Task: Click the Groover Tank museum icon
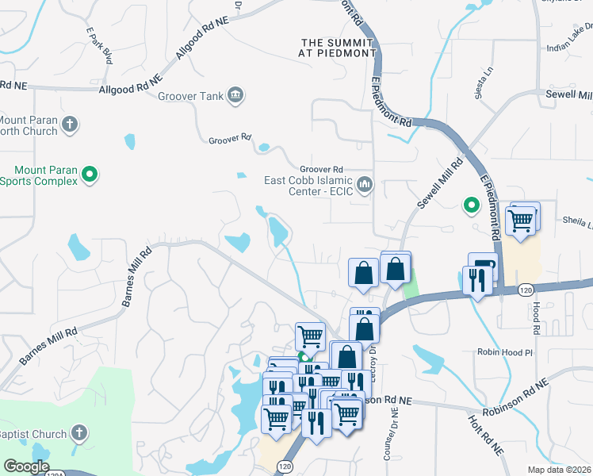[235, 96]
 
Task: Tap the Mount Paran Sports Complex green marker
[90, 175]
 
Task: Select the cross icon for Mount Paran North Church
[70, 124]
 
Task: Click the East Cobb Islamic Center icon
[365, 185]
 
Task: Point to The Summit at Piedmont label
[337, 48]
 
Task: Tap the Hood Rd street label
[536, 317]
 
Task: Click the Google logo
[26, 466]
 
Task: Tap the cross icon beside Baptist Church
[78, 432]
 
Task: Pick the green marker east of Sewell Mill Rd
[472, 206]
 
